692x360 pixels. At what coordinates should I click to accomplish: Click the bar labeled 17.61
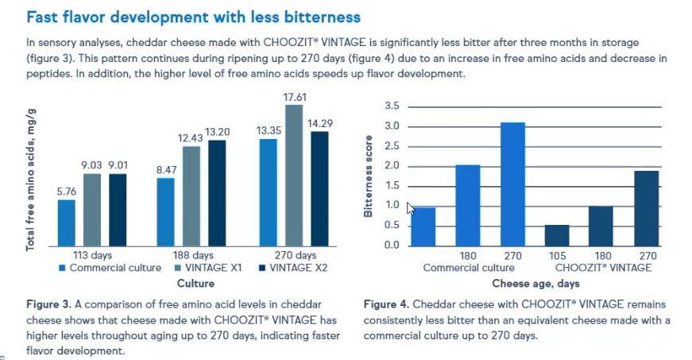294,175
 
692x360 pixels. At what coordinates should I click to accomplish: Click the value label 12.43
191,138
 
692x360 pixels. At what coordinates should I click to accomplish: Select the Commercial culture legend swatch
63,269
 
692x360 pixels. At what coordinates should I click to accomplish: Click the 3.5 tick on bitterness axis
392,106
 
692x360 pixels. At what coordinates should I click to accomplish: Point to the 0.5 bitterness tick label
392,226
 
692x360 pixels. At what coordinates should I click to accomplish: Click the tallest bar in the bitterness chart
513,184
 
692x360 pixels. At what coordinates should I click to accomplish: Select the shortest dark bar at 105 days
558,235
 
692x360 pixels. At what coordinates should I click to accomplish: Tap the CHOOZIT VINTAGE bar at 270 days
648,207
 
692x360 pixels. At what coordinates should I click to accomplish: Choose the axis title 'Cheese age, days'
535,283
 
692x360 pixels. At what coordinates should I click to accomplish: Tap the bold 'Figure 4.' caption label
387,304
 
